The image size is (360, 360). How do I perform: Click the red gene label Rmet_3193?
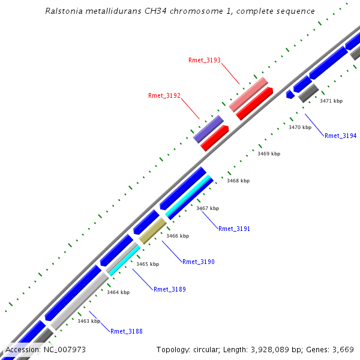205,60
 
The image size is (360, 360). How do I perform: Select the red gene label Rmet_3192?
164,95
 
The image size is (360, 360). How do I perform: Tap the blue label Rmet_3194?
340,136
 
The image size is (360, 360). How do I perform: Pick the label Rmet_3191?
234,229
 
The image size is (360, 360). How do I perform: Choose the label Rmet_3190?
198,262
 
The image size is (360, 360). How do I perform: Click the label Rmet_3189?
169,289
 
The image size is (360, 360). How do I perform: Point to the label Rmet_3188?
126,331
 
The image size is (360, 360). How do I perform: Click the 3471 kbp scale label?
331,101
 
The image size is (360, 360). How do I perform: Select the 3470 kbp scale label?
300,127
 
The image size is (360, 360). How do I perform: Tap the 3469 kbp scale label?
269,154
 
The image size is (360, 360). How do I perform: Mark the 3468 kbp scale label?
238,181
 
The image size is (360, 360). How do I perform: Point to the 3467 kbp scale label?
208,208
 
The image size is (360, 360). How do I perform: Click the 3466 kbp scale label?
178,236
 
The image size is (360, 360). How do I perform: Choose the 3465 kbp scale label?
148,264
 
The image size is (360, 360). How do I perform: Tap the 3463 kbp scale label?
89,321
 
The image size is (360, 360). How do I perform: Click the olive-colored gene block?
152,230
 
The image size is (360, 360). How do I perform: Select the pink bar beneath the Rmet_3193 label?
248,94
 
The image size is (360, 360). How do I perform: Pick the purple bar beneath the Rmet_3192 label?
208,129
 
